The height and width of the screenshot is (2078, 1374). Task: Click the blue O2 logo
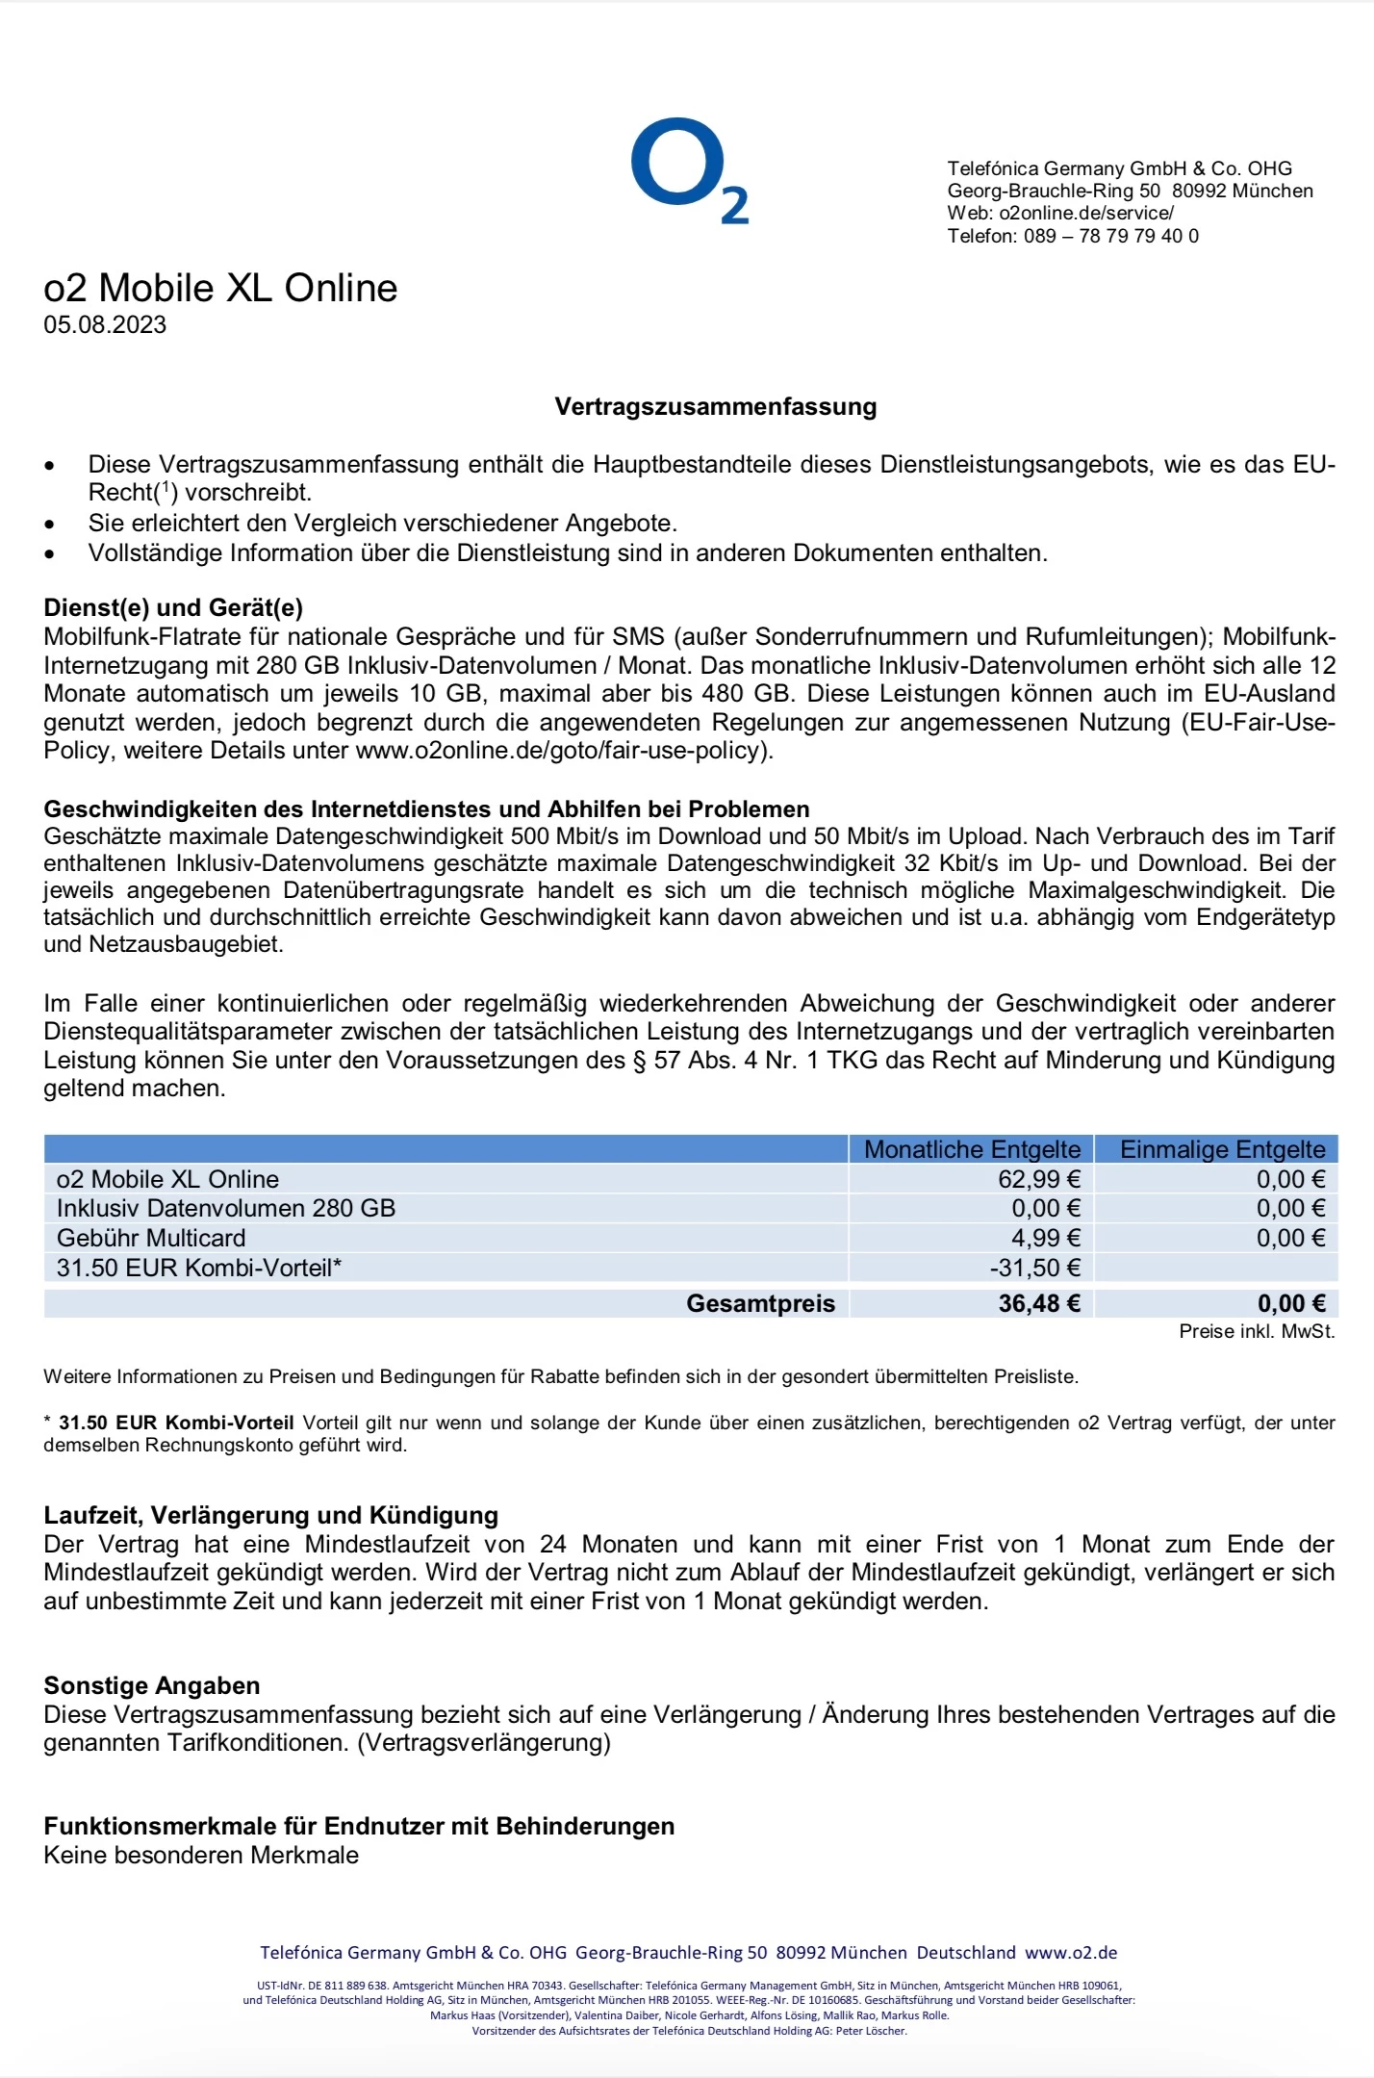point(689,170)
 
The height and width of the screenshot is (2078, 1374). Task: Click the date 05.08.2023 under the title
point(105,325)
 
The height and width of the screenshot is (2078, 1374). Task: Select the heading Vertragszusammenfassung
point(715,407)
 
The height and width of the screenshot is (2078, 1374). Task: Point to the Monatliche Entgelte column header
point(972,1149)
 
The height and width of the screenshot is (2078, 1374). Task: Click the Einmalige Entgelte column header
point(1222,1149)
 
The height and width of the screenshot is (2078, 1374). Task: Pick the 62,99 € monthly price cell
point(1038,1179)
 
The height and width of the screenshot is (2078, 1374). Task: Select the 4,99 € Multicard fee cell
point(1045,1238)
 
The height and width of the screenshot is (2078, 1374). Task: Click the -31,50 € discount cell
point(1034,1268)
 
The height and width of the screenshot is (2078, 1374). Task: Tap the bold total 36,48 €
point(1038,1303)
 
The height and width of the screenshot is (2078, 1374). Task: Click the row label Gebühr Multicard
point(151,1238)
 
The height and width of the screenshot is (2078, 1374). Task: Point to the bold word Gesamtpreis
point(760,1303)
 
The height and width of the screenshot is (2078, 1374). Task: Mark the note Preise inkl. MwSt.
point(1257,1332)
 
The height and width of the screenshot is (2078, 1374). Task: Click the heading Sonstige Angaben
point(152,1685)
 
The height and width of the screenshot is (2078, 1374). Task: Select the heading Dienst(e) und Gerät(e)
point(173,608)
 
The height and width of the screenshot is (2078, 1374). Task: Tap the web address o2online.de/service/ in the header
point(1086,214)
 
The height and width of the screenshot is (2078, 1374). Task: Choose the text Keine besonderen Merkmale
point(201,1855)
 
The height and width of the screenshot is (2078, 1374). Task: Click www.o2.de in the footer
point(1071,1953)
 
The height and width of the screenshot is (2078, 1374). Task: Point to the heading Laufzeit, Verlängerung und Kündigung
point(270,1516)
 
